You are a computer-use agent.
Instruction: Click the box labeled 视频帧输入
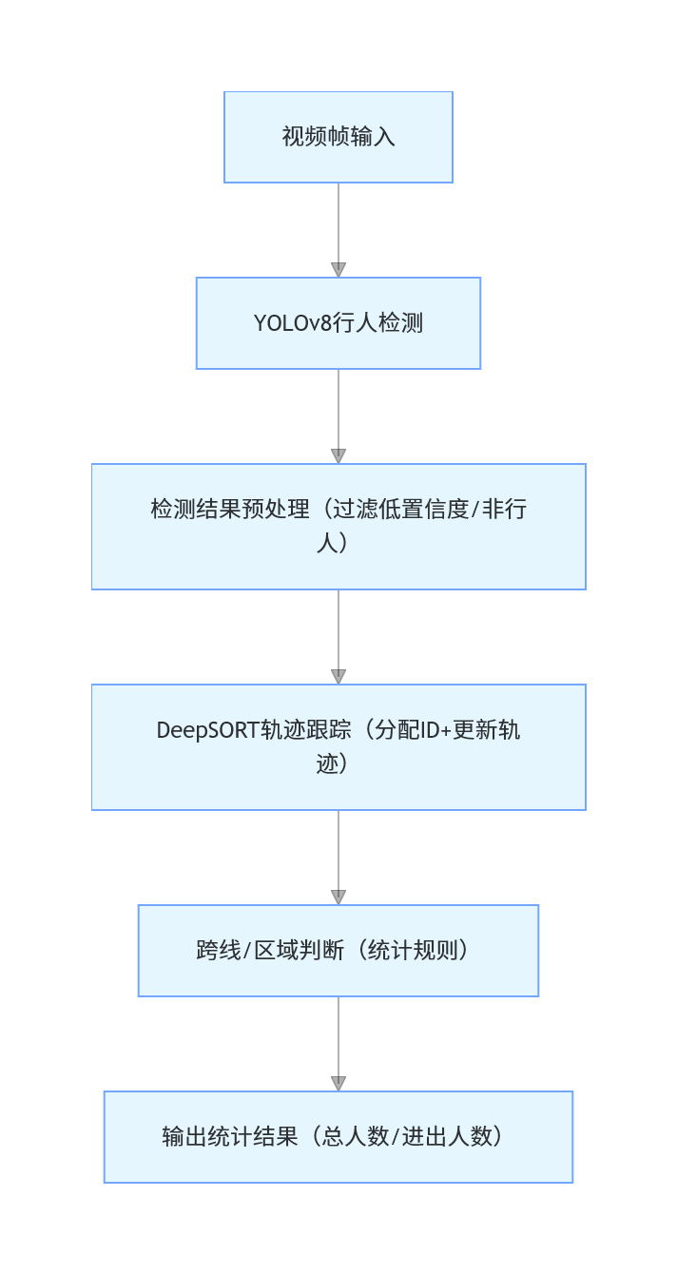tap(338, 137)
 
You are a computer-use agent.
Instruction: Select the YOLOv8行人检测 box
tap(338, 323)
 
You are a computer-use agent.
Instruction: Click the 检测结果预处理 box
tap(338, 527)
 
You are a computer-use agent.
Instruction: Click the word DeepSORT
tap(208, 730)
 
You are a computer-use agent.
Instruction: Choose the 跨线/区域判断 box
tap(338, 951)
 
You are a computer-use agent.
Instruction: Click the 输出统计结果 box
tap(338, 1137)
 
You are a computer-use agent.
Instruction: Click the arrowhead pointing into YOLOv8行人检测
tap(338, 270)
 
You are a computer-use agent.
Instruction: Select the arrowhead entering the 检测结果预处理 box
tap(338, 456)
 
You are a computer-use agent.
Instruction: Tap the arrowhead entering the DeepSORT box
tap(338, 677)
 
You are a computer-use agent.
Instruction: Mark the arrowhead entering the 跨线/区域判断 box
tap(338, 898)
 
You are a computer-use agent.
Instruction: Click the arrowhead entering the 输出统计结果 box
tap(338, 1084)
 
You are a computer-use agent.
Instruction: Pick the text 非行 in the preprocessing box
tap(504, 510)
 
